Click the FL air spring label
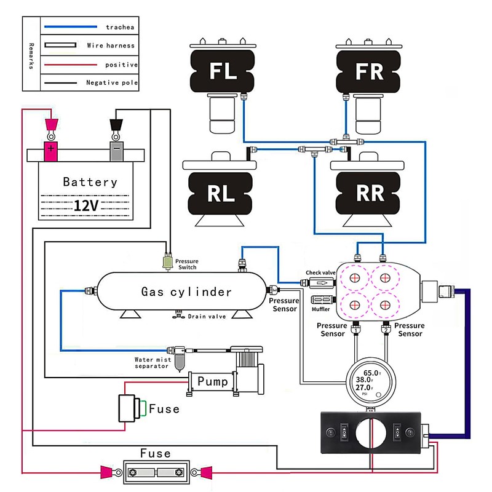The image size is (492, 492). [x=223, y=71]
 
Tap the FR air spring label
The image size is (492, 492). [x=370, y=71]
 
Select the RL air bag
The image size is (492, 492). [x=220, y=193]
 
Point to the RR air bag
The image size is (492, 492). [x=368, y=193]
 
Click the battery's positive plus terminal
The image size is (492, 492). [x=50, y=151]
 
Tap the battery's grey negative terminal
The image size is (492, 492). [x=116, y=151]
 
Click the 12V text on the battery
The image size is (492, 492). [x=86, y=206]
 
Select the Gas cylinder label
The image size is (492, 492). [x=186, y=292]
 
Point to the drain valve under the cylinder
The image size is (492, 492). [x=178, y=314]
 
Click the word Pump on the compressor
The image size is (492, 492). [x=212, y=381]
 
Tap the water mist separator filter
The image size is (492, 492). [x=179, y=359]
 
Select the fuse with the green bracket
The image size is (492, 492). [x=130, y=408]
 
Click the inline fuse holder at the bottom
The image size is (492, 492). [x=156, y=472]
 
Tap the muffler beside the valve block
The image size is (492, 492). [x=322, y=300]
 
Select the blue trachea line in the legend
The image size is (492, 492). [x=71, y=26]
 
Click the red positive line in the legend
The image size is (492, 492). [x=71, y=65]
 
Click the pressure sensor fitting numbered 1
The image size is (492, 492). [x=355, y=328]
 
